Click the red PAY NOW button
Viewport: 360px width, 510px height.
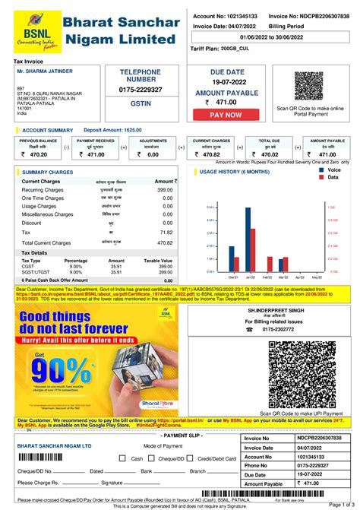(226, 114)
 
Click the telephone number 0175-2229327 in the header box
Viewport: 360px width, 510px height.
(141, 89)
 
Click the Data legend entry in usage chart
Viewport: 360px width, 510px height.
(333, 177)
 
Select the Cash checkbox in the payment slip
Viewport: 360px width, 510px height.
(125, 458)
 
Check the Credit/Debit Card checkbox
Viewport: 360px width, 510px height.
(190, 458)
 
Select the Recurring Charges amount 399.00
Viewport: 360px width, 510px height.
(165, 189)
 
